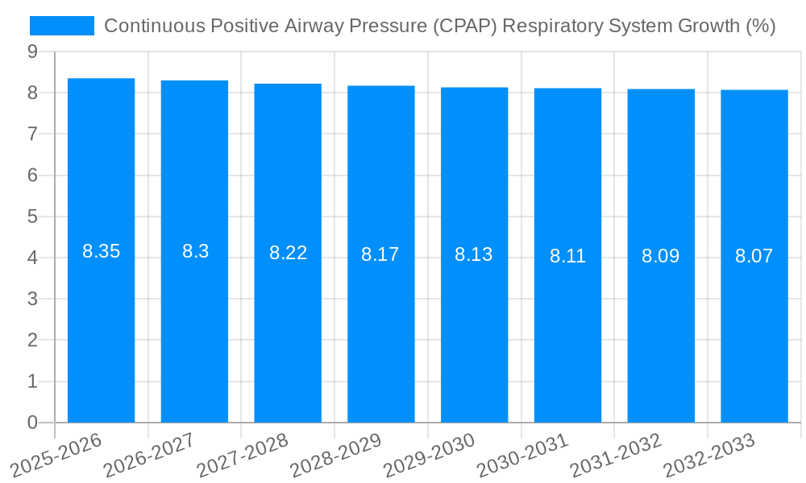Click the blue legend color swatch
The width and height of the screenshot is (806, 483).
(x=62, y=27)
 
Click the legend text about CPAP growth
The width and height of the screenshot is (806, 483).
(x=439, y=27)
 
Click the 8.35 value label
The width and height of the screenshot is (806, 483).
(x=101, y=251)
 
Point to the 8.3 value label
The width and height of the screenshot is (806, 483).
(x=195, y=251)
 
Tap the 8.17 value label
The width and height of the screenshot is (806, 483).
(x=380, y=255)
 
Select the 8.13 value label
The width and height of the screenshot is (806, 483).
(x=474, y=255)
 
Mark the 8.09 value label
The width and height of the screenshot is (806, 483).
(x=660, y=257)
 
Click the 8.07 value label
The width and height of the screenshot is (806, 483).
(x=754, y=257)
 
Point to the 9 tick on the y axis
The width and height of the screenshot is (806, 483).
(x=32, y=52)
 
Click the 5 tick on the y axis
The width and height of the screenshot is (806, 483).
(x=32, y=217)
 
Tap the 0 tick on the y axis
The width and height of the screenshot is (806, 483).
(x=32, y=423)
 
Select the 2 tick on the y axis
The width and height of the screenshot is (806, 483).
(x=32, y=341)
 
